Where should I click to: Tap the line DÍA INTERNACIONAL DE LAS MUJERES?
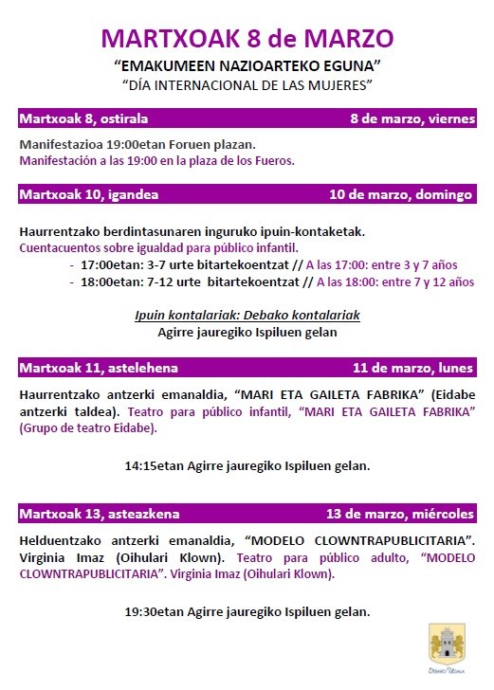click(x=247, y=84)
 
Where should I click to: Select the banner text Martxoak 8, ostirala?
click(x=83, y=118)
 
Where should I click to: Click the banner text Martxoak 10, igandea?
click(x=88, y=194)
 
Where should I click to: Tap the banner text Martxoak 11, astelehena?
click(x=99, y=367)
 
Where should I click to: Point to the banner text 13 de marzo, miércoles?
click(x=399, y=514)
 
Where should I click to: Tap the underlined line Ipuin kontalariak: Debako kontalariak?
click(x=247, y=315)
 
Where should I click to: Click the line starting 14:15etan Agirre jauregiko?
click(x=247, y=465)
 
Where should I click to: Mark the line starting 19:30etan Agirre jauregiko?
click(x=247, y=611)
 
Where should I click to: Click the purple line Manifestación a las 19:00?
click(x=156, y=160)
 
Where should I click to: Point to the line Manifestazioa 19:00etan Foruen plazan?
click(x=137, y=145)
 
